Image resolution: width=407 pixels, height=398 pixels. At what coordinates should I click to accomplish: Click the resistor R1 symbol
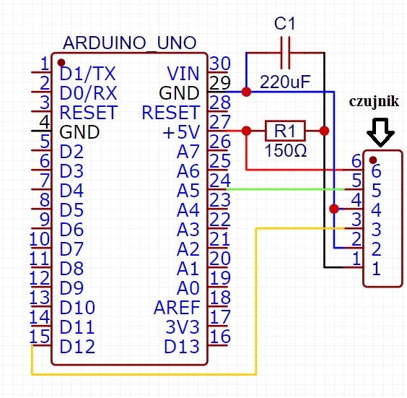(x=285, y=131)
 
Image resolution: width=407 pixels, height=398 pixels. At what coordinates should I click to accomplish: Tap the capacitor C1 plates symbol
(x=285, y=53)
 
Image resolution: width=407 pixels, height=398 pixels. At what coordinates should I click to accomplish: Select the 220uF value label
(x=285, y=82)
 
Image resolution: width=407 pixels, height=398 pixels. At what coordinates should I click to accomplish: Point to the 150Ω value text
(x=286, y=150)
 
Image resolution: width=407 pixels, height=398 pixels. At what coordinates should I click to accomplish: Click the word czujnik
(x=374, y=101)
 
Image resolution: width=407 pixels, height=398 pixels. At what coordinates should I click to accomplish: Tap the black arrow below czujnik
(x=380, y=132)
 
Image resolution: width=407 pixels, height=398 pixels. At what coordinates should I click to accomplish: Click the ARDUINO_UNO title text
(x=129, y=43)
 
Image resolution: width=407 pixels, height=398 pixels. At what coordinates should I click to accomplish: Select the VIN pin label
(x=183, y=74)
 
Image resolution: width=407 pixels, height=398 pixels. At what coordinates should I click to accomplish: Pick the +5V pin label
(x=181, y=132)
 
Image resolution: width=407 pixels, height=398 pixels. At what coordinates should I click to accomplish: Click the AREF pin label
(x=177, y=308)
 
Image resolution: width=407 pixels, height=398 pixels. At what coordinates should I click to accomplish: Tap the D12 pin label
(x=77, y=347)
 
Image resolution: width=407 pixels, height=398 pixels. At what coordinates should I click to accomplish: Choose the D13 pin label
(x=182, y=347)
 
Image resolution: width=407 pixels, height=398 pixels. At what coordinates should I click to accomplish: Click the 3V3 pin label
(x=183, y=326)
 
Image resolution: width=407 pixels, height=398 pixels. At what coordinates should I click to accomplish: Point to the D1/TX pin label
(x=88, y=74)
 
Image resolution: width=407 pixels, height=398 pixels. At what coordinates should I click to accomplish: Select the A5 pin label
(x=188, y=191)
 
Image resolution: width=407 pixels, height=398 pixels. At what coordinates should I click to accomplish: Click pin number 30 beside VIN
(x=220, y=63)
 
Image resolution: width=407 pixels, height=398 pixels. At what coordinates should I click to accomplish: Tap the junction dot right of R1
(x=324, y=131)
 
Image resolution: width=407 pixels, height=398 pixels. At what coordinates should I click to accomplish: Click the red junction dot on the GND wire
(x=246, y=92)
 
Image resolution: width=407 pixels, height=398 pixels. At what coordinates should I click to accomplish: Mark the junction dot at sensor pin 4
(x=334, y=209)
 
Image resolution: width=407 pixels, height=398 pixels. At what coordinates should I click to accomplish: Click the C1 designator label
(x=285, y=23)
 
